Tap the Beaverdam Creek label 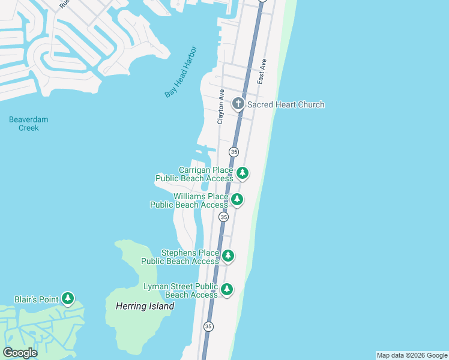click(x=28, y=124)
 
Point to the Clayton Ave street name click(x=221, y=107)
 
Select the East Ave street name click(x=261, y=71)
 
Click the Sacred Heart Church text click(x=286, y=104)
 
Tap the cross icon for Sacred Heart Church click(x=238, y=104)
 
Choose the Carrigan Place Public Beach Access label click(x=194, y=174)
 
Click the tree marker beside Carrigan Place click(x=243, y=173)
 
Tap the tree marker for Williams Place click(x=237, y=199)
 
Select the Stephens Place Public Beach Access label click(x=180, y=257)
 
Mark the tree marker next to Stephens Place click(x=228, y=256)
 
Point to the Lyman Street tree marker click(x=226, y=290)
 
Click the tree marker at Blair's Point click(x=68, y=298)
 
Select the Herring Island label click(x=145, y=306)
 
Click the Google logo click(x=20, y=353)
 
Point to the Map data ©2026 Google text click(x=412, y=355)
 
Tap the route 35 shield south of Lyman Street click(x=208, y=326)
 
